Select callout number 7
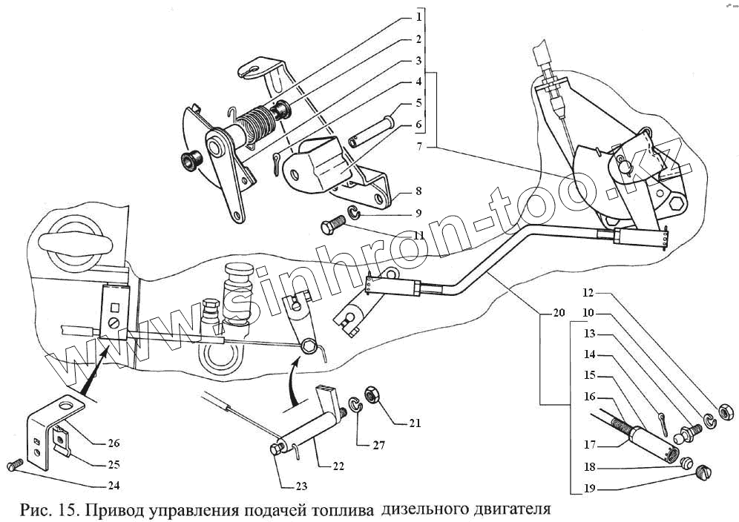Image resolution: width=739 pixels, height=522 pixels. click(x=419, y=148)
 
